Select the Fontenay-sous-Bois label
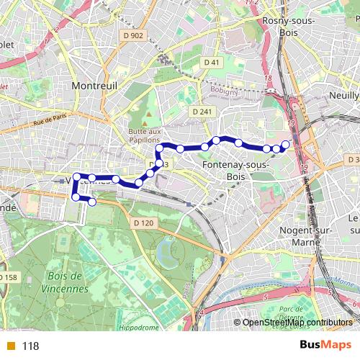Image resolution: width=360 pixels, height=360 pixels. pyautogui.click(x=235, y=170)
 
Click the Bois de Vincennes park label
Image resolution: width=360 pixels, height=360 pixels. pyautogui.click(x=66, y=282)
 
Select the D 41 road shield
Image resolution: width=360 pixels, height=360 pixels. pyautogui.click(x=211, y=63)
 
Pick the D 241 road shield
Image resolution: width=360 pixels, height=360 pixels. pyautogui.click(x=202, y=112)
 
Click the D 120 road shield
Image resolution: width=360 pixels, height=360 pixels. pyautogui.click(x=143, y=224)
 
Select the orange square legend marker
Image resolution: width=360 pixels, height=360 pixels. pyautogui.click(x=9, y=346)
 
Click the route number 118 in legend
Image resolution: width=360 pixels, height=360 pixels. pyautogui.click(x=30, y=346)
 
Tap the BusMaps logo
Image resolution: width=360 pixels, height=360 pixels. pyautogui.click(x=325, y=345)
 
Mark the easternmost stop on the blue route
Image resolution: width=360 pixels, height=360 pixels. pyautogui.click(x=285, y=145)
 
